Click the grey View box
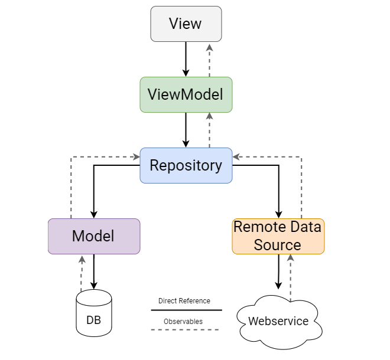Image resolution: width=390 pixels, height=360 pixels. coord(186,24)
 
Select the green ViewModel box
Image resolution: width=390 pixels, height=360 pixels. coord(186,94)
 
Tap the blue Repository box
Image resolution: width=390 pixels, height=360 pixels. coord(186,165)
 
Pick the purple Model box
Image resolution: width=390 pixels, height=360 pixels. coord(93,236)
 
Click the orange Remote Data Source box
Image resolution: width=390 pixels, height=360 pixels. coord(278,236)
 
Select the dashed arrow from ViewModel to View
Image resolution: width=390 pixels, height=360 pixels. coord(209,59)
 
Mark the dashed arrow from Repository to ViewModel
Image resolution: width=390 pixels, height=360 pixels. coord(209,130)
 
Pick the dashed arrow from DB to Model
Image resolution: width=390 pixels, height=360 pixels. coord(80,273)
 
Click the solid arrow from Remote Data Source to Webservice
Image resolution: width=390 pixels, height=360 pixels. coord(278,271)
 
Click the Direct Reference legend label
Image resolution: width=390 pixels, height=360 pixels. coord(184,301)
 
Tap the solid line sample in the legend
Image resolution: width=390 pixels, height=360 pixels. coord(186,310)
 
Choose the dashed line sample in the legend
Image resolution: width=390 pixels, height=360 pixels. coord(186,329)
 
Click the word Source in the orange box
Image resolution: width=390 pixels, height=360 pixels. coord(278,244)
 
